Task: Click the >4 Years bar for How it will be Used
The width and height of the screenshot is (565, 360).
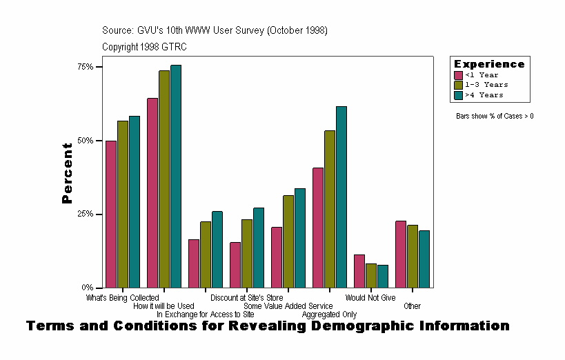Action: point(176,177)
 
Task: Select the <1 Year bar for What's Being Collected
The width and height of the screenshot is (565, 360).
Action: point(111,214)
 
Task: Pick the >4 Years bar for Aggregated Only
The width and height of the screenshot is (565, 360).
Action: point(341,197)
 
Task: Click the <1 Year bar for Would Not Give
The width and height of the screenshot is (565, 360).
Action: point(359,271)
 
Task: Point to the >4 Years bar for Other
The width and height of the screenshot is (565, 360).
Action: point(424,259)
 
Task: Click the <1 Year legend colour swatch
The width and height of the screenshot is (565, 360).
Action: point(458,75)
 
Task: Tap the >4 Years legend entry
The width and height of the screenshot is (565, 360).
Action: point(484,95)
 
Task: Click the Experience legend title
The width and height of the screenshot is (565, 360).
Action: point(489,64)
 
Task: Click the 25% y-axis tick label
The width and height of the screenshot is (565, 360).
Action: point(86,214)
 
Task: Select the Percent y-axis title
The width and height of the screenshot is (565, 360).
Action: point(67,173)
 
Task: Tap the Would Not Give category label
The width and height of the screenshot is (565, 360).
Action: point(370,298)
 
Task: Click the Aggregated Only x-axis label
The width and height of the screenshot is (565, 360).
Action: point(329,314)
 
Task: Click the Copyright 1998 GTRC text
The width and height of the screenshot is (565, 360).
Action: point(144,47)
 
